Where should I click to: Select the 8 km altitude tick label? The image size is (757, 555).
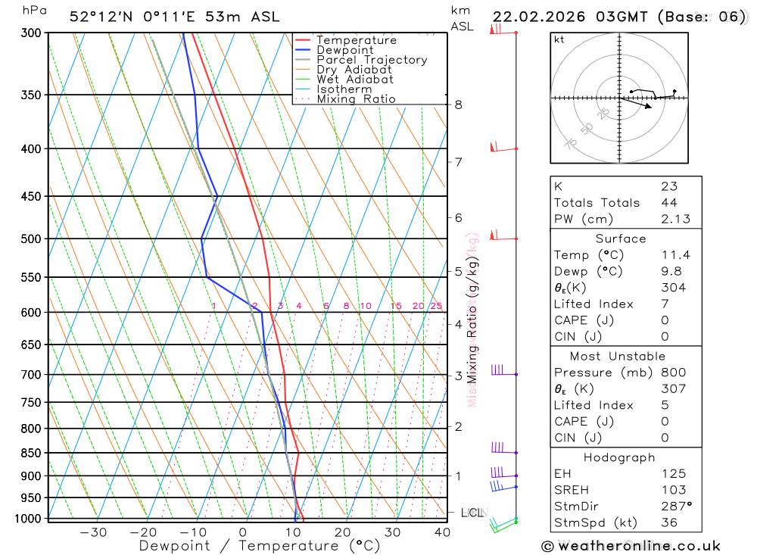(459, 104)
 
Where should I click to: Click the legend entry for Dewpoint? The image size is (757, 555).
(345, 50)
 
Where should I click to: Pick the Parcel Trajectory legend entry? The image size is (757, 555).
(372, 60)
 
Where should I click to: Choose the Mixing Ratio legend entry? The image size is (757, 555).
(356, 99)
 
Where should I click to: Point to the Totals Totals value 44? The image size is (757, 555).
(669, 203)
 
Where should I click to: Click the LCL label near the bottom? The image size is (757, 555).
(472, 513)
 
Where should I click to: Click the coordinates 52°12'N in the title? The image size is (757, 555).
(98, 17)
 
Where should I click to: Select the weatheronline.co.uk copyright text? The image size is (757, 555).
(631, 545)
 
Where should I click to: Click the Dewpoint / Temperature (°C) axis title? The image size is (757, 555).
(260, 546)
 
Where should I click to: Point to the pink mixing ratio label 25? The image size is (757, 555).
(436, 306)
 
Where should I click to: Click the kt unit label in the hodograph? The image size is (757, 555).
(559, 39)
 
